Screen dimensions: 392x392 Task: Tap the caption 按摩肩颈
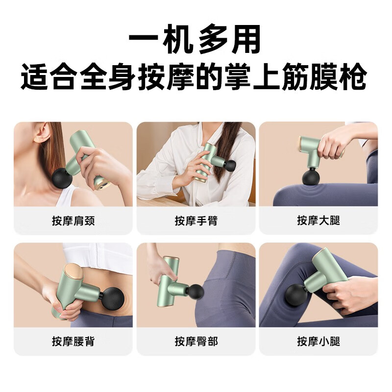tap(73, 221)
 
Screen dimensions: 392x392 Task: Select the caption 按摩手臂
tap(196, 221)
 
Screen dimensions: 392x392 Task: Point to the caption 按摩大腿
tap(318, 221)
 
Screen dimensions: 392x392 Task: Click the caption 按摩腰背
tap(73, 341)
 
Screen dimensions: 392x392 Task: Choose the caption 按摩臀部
tap(196, 341)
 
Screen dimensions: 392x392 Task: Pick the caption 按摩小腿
tap(318, 341)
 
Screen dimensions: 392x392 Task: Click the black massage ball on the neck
tap(62, 178)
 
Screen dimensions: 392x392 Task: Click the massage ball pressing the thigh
tap(311, 177)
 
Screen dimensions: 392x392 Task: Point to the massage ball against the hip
tap(196, 292)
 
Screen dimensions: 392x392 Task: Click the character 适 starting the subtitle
tap(34, 76)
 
